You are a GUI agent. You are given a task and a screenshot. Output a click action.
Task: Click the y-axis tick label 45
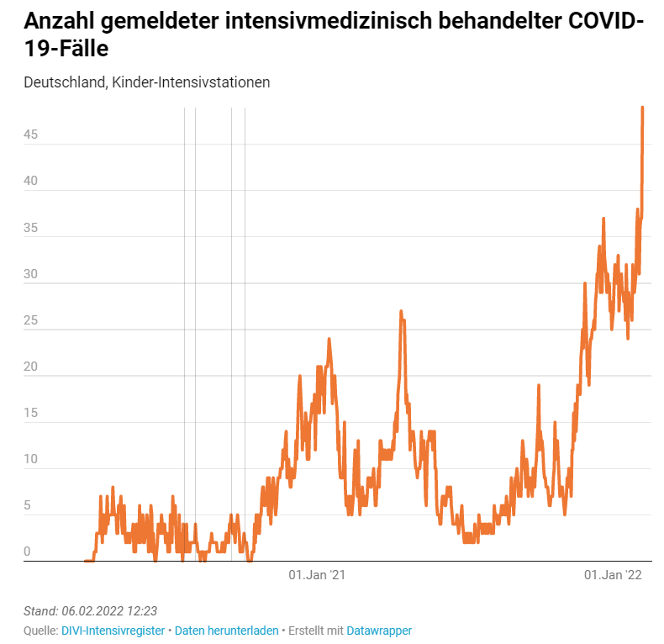pyautogui.click(x=31, y=135)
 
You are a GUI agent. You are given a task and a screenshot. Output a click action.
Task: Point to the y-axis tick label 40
pyautogui.click(x=31, y=181)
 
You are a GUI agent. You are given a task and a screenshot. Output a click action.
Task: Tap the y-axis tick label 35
pyautogui.click(x=31, y=227)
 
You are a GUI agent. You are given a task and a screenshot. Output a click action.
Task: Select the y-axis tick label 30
pyautogui.click(x=31, y=273)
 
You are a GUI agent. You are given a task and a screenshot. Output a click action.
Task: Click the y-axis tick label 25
pyautogui.click(x=31, y=320)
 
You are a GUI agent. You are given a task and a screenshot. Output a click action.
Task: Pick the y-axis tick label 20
pyautogui.click(x=31, y=367)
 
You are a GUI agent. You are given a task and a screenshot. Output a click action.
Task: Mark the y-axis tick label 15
pyautogui.click(x=31, y=413)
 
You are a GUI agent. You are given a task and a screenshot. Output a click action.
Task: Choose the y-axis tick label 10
pyautogui.click(x=31, y=459)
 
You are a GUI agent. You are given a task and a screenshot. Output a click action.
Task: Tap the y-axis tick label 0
pyautogui.click(x=27, y=552)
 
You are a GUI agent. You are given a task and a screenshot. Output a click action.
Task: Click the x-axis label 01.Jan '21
pyautogui.click(x=317, y=575)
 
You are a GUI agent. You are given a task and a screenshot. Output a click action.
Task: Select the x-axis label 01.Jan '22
pyautogui.click(x=613, y=575)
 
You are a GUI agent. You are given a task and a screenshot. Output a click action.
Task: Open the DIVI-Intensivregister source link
pyautogui.click(x=113, y=631)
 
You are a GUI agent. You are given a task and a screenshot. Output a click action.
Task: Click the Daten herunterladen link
pyautogui.click(x=226, y=631)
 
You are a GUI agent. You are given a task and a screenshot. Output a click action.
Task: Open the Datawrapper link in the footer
pyautogui.click(x=379, y=631)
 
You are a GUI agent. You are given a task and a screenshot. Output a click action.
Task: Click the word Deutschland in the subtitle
pyautogui.click(x=65, y=82)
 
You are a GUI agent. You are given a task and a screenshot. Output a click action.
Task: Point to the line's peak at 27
pyautogui.click(x=401, y=312)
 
